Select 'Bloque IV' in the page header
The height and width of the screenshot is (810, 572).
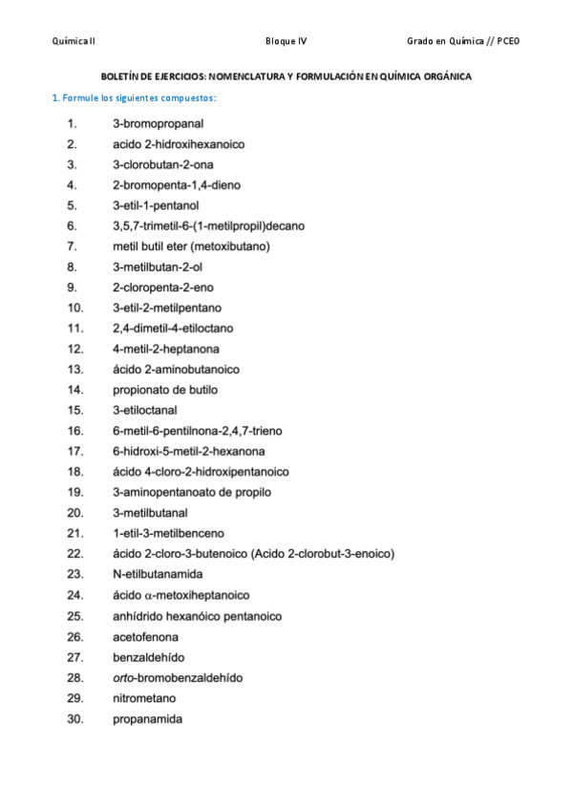pyautogui.click(x=286, y=41)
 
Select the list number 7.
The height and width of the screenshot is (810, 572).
pyautogui.click(x=73, y=246)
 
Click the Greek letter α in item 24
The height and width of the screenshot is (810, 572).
pyautogui.click(x=149, y=595)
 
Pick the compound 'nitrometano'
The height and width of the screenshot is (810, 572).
pyautogui.click(x=144, y=698)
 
